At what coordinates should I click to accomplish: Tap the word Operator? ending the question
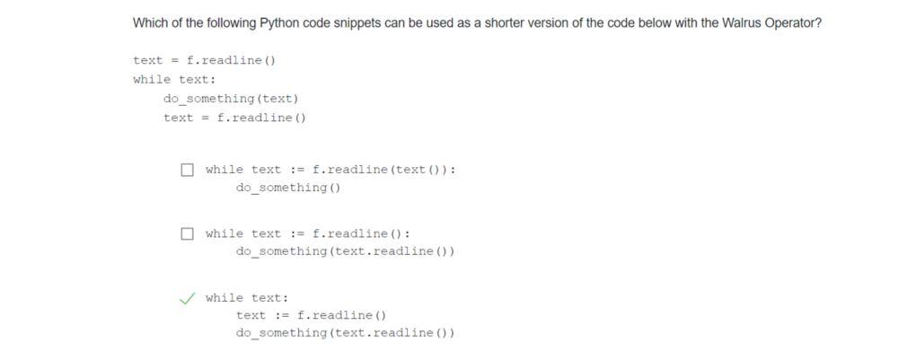click(x=792, y=23)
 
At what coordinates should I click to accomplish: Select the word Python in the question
click(x=279, y=23)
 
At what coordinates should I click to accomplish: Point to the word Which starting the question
click(x=149, y=23)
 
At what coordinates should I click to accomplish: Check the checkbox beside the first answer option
click(x=187, y=170)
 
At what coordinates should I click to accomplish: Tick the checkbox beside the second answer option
click(x=187, y=234)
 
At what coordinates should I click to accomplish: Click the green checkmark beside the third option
click(x=187, y=298)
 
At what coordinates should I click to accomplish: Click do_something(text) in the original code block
click(x=231, y=99)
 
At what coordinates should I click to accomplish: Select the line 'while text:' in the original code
click(x=174, y=80)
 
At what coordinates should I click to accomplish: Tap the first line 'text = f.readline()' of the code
click(x=204, y=61)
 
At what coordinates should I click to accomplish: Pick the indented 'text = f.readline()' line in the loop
click(x=235, y=118)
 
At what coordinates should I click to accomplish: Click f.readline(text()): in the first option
click(x=383, y=170)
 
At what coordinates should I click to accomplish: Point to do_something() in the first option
click(x=288, y=189)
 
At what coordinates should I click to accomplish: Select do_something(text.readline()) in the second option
click(x=345, y=252)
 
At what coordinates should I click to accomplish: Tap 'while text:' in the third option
click(x=247, y=298)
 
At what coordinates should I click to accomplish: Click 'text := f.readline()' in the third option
click(x=311, y=316)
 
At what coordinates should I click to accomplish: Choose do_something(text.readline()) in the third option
click(x=345, y=334)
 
